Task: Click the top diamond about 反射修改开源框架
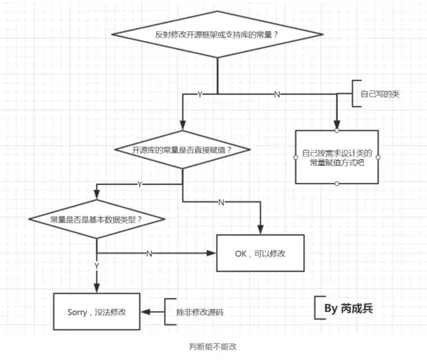[x=216, y=34]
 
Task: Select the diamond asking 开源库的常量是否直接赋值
[x=182, y=150]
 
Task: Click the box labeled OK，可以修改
[x=260, y=253]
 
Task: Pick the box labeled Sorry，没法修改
[x=97, y=311]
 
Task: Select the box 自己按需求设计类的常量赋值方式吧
[x=336, y=157]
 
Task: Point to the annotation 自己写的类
[x=379, y=94]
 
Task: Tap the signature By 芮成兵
[x=348, y=308]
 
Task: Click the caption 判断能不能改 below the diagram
[x=212, y=345]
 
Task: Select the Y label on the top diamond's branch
[x=200, y=94]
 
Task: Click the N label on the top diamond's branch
[x=276, y=94]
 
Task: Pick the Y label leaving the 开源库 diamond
[x=139, y=184]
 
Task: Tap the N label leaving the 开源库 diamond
[x=221, y=201]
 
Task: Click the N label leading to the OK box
[x=149, y=253]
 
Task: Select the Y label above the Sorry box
[x=97, y=266]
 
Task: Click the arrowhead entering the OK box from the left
[x=212, y=253]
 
